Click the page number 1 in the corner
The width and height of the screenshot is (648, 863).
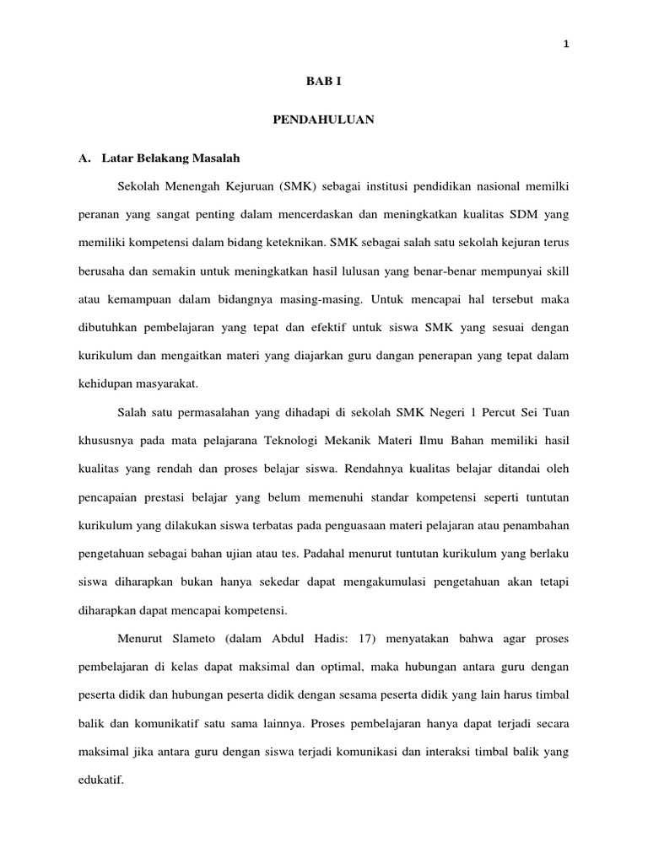pyautogui.click(x=566, y=46)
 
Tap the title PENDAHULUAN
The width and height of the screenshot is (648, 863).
pyautogui.click(x=323, y=121)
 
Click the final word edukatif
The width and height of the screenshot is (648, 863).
pyautogui.click(x=100, y=781)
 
